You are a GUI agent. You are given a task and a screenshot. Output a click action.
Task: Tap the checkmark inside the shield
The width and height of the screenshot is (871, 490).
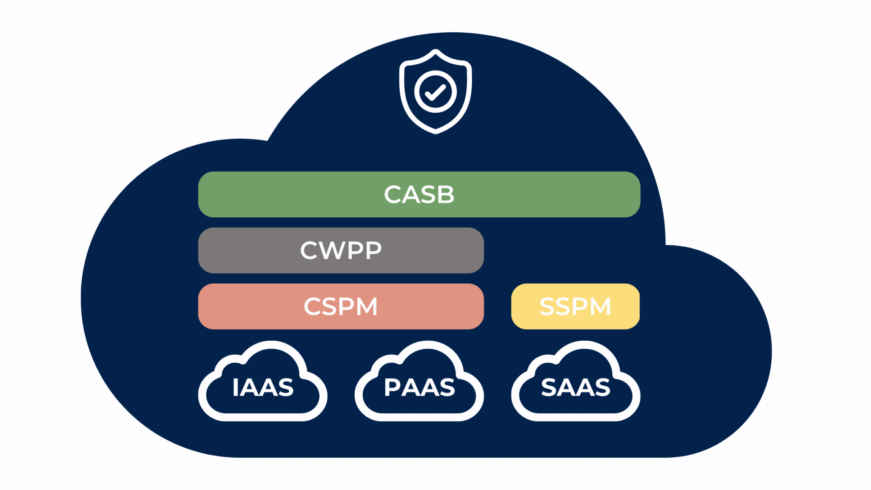click(435, 92)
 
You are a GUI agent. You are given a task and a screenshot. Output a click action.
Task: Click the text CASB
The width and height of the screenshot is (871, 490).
click(419, 194)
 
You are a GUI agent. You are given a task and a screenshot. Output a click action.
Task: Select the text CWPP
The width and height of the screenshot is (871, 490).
click(341, 251)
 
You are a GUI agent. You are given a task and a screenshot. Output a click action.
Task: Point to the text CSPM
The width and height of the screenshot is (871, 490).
click(341, 307)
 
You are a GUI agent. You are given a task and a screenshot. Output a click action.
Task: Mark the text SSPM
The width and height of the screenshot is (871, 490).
click(575, 307)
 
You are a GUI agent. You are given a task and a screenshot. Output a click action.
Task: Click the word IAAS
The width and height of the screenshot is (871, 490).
click(263, 387)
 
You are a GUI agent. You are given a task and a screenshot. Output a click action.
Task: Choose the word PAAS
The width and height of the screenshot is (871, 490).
click(419, 387)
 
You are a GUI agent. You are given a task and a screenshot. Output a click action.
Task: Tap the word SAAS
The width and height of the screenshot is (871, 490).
click(575, 387)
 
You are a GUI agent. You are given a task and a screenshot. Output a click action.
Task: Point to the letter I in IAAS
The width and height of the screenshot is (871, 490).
click(235, 387)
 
